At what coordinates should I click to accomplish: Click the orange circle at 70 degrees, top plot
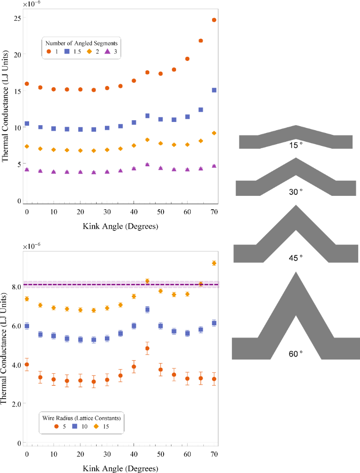coord(214,20)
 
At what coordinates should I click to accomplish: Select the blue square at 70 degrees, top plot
coord(214,90)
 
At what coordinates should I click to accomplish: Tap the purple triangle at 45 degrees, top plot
coord(147,164)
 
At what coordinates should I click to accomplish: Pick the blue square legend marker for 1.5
coord(67,51)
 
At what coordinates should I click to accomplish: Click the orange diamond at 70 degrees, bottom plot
coord(214,263)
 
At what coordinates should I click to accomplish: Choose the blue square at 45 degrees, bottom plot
coord(147,309)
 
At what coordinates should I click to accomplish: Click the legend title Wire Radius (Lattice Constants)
coord(81,418)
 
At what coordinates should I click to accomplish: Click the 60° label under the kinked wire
coord(296,353)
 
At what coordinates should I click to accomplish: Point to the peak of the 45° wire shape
coord(295,206)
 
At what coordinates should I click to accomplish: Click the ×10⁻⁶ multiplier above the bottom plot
coord(32,245)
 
